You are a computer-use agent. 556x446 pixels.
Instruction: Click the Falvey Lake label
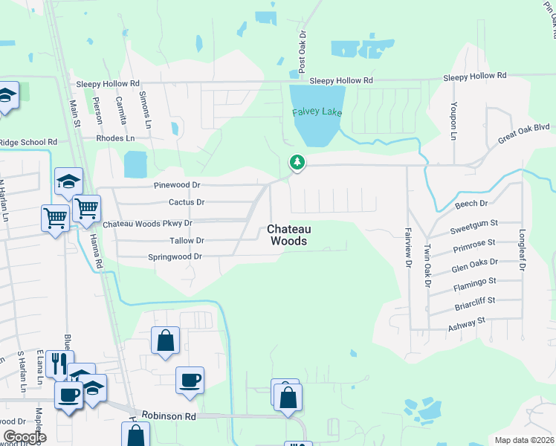pos(317,112)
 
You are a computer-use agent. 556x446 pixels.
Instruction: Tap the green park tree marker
pos(297,162)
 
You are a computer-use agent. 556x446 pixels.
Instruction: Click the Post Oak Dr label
pos(303,51)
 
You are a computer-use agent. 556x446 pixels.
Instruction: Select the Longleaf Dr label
pos(523,249)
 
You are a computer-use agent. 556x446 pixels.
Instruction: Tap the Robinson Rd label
pos(170,417)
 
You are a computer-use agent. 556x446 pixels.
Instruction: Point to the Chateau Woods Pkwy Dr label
pos(147,223)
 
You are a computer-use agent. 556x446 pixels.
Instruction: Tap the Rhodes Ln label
pos(115,138)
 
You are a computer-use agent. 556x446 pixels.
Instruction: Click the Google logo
pos(25,437)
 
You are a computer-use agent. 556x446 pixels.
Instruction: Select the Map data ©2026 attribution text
pos(523,440)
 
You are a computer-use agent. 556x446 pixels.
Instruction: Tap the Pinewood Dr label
pos(178,185)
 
